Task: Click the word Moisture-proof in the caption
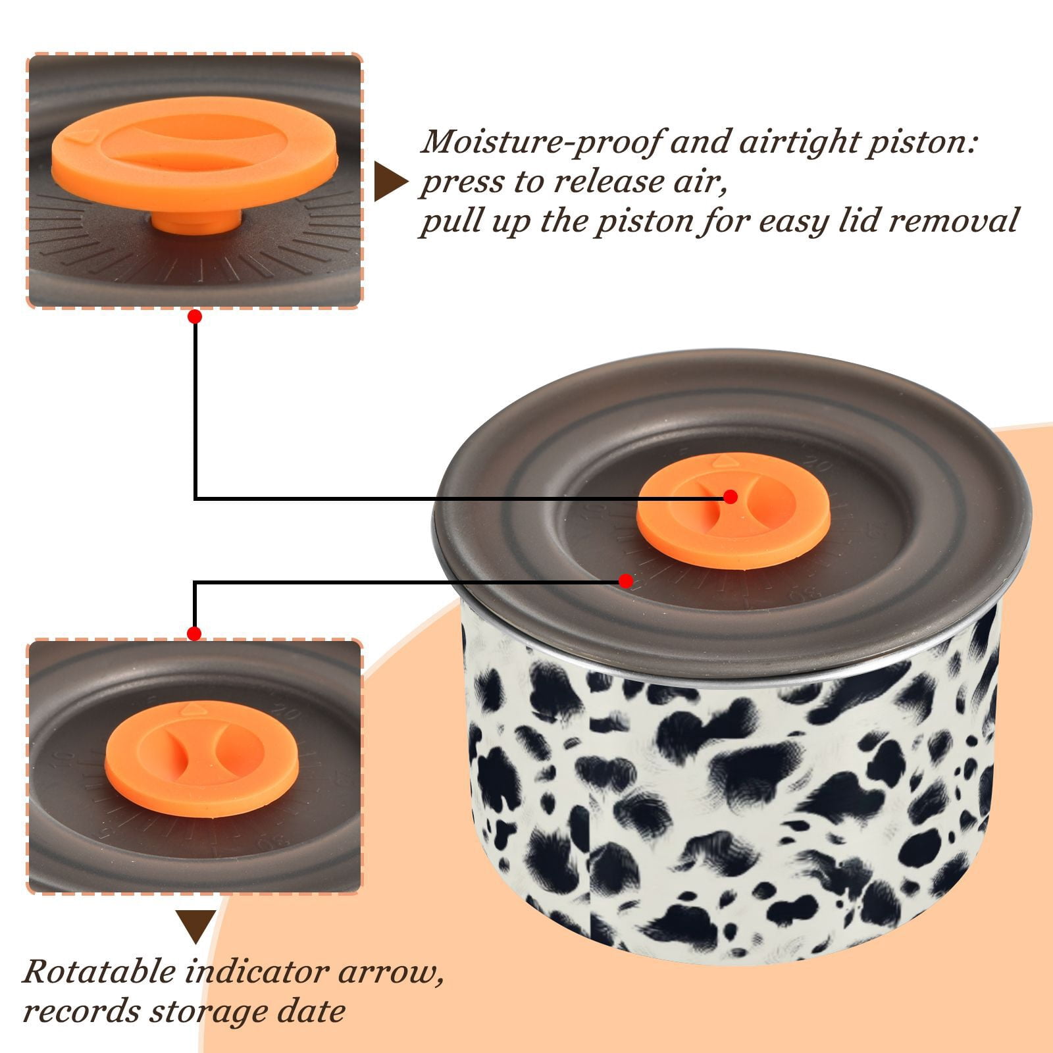[539, 142]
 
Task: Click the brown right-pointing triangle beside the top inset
[389, 182]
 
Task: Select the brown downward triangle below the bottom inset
[196, 927]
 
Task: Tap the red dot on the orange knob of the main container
[730, 497]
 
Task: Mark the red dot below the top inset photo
[194, 317]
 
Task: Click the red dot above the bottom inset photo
[194, 634]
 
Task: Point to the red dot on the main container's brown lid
[626, 581]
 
